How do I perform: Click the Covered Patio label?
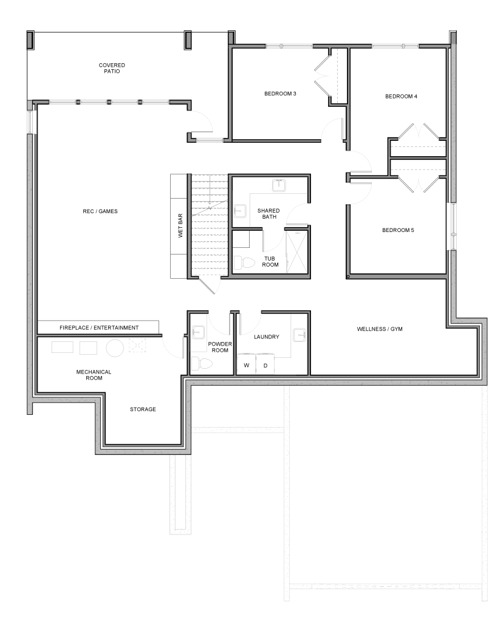tap(112, 68)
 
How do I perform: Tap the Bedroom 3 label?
tap(280, 94)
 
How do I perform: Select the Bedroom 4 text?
tap(401, 96)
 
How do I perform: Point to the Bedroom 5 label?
tap(398, 230)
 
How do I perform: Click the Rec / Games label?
tap(100, 211)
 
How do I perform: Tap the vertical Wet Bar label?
tap(180, 226)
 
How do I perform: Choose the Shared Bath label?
tap(269, 213)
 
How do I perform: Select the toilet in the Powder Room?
tap(202, 363)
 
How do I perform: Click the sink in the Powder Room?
tap(197, 332)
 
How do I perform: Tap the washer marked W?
tap(247, 364)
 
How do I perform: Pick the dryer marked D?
tap(265, 364)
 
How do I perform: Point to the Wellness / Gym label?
tap(380, 329)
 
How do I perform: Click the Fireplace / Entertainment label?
tap(99, 327)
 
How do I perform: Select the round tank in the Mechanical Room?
tap(115, 348)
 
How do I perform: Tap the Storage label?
tap(143, 409)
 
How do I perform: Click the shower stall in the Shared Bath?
tap(296, 250)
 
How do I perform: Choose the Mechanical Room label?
tap(94, 375)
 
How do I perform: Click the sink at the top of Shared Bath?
tap(279, 185)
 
